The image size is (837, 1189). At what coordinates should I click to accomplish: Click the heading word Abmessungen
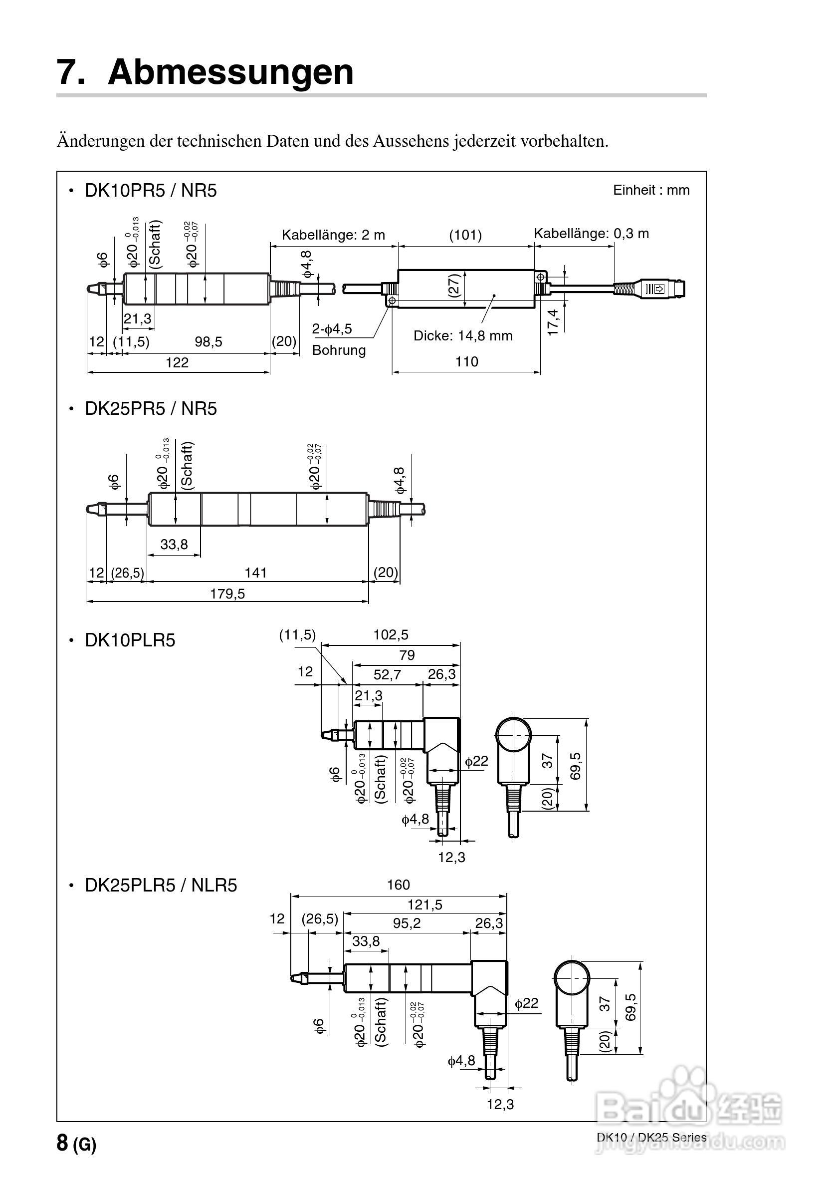(x=230, y=72)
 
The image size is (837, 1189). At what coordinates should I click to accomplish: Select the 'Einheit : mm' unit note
(x=650, y=190)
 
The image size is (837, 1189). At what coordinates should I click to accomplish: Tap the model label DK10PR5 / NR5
(x=150, y=191)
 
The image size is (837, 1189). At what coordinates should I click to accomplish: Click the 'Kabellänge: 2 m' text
(x=333, y=235)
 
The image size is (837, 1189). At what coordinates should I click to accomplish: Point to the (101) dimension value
(x=465, y=235)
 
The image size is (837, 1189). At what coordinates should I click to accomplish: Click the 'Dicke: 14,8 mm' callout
(x=462, y=335)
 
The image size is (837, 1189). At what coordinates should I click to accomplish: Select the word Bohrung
(x=339, y=350)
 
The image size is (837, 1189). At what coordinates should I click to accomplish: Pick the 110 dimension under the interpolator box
(x=466, y=361)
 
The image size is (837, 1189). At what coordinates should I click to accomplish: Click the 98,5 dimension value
(x=208, y=342)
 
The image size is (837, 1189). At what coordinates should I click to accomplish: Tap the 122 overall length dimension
(x=177, y=362)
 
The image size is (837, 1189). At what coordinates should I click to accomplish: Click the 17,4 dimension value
(x=553, y=322)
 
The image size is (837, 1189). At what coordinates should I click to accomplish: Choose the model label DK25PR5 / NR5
(x=150, y=409)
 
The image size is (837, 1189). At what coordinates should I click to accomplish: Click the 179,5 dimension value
(x=227, y=594)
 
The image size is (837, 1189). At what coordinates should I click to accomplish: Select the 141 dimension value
(x=255, y=572)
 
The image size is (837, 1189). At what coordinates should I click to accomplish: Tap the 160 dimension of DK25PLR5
(x=398, y=885)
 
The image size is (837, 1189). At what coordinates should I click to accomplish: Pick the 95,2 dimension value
(x=407, y=923)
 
